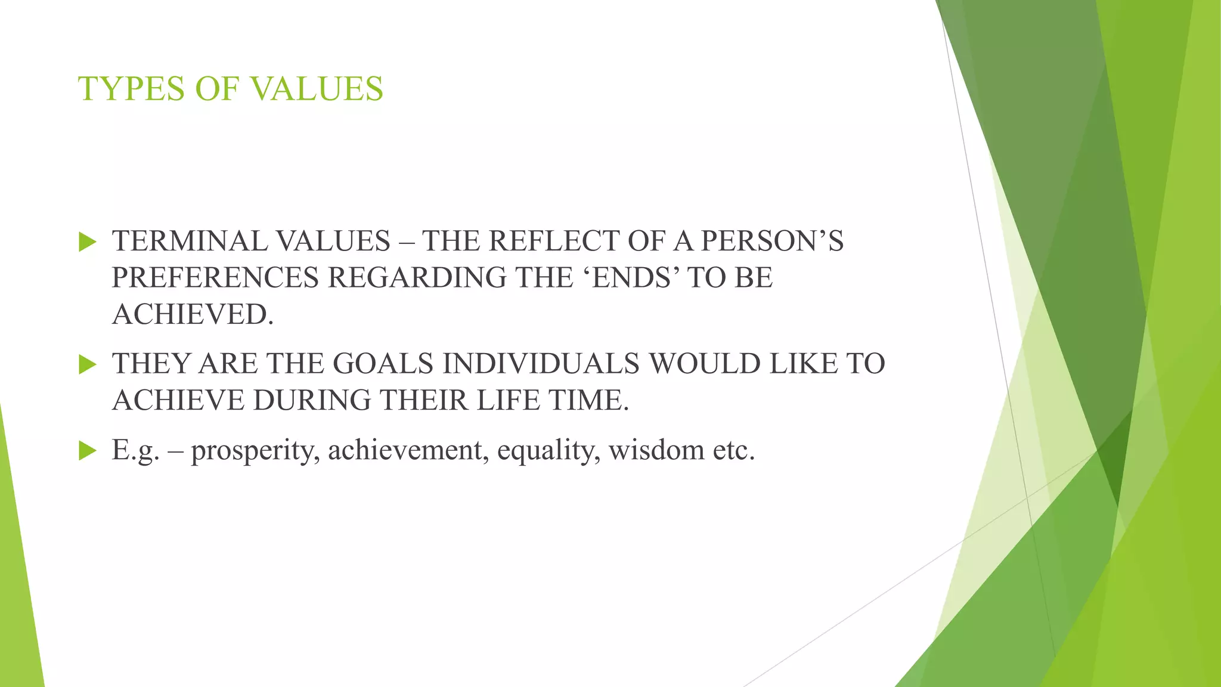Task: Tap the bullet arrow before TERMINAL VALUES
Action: click(x=87, y=242)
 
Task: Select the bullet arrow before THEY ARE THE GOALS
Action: click(x=87, y=364)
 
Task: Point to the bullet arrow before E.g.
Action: click(x=87, y=451)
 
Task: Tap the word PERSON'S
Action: click(x=772, y=242)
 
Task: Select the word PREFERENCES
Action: click(x=215, y=278)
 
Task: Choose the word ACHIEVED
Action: click(x=193, y=314)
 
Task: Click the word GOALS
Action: click(x=383, y=364)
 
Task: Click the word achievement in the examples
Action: click(x=408, y=450)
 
